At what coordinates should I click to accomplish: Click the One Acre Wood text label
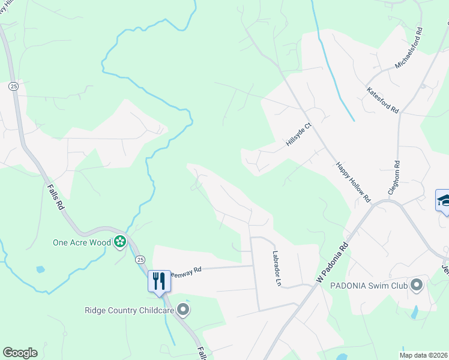[x=82, y=242]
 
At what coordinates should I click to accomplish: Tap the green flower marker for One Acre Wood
[x=120, y=242]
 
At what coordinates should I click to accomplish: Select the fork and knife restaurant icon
[x=158, y=280]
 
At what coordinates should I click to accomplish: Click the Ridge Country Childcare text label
[x=129, y=310]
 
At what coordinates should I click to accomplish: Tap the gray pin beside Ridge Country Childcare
[x=183, y=310]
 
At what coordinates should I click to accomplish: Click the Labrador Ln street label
[x=277, y=268]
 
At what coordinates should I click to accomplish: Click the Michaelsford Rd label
[x=409, y=48]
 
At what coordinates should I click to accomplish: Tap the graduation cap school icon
[x=444, y=200]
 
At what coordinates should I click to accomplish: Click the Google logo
[x=20, y=353]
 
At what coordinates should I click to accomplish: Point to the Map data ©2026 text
[x=423, y=355]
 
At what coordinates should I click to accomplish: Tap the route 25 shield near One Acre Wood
[x=139, y=259]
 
